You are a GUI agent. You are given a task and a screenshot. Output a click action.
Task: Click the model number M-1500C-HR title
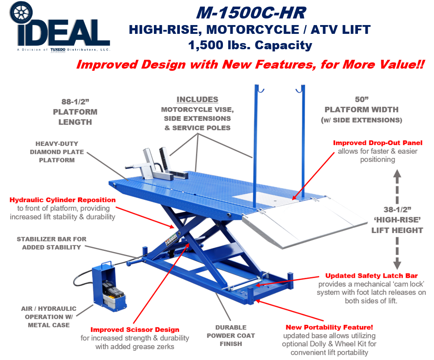coord(251,13)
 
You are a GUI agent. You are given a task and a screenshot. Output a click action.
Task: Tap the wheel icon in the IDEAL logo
coord(21,13)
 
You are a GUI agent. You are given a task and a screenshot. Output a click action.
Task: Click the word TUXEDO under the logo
coord(58,50)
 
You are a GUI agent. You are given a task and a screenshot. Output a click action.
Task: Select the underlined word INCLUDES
coord(197,99)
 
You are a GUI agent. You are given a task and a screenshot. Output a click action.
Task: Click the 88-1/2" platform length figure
coord(75,102)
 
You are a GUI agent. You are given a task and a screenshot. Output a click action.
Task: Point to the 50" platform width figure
coord(362,99)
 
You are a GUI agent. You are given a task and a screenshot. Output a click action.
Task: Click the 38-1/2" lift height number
coord(397,210)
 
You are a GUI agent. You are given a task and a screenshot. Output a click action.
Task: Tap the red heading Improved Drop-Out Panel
coord(378,143)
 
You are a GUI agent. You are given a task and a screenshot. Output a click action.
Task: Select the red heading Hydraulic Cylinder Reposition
coord(62,200)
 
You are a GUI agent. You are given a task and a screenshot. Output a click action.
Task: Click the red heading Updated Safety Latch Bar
coord(371,276)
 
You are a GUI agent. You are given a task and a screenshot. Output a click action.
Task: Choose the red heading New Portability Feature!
coord(329,327)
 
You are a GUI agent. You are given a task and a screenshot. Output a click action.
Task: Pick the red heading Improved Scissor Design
coord(135,330)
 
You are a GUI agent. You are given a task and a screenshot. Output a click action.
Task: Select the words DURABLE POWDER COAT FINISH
coord(231,335)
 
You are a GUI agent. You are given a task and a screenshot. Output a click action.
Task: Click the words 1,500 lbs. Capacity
coord(250,45)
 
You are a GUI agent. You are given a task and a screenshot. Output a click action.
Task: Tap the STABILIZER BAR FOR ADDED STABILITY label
coord(51,243)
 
